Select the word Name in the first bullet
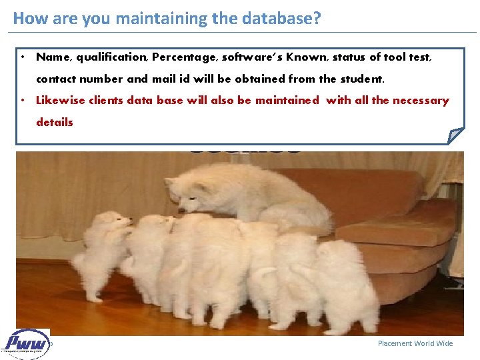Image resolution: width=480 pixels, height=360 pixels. click(x=53, y=57)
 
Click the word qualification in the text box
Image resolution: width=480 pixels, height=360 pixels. click(x=110, y=57)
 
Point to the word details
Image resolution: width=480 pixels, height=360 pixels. click(x=55, y=122)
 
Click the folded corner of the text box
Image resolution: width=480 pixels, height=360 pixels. click(x=455, y=135)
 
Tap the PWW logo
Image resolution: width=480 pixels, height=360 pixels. click(x=27, y=344)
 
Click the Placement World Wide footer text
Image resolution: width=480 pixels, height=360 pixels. click(x=415, y=343)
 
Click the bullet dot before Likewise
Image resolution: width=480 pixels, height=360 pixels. click(x=23, y=101)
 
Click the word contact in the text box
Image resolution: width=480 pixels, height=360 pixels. click(x=58, y=79)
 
